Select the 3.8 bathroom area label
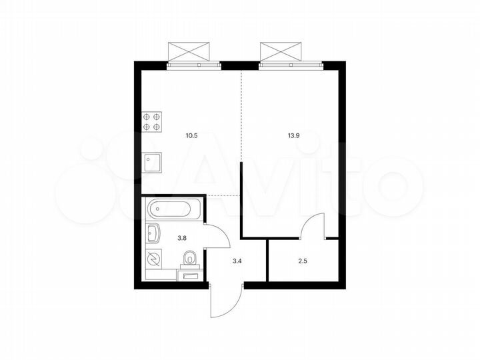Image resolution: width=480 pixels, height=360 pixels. [x=181, y=235]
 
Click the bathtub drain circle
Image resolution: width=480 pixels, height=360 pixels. [x=157, y=209]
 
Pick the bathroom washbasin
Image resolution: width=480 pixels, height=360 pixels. [x=153, y=234]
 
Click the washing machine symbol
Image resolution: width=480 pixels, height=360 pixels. [x=153, y=259]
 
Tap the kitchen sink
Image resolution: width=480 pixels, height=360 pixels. [x=152, y=162]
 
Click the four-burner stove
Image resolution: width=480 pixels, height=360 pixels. [x=152, y=122]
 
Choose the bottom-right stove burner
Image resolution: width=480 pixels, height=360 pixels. [x=157, y=127]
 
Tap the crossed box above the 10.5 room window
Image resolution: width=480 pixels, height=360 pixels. [x=193, y=51]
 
